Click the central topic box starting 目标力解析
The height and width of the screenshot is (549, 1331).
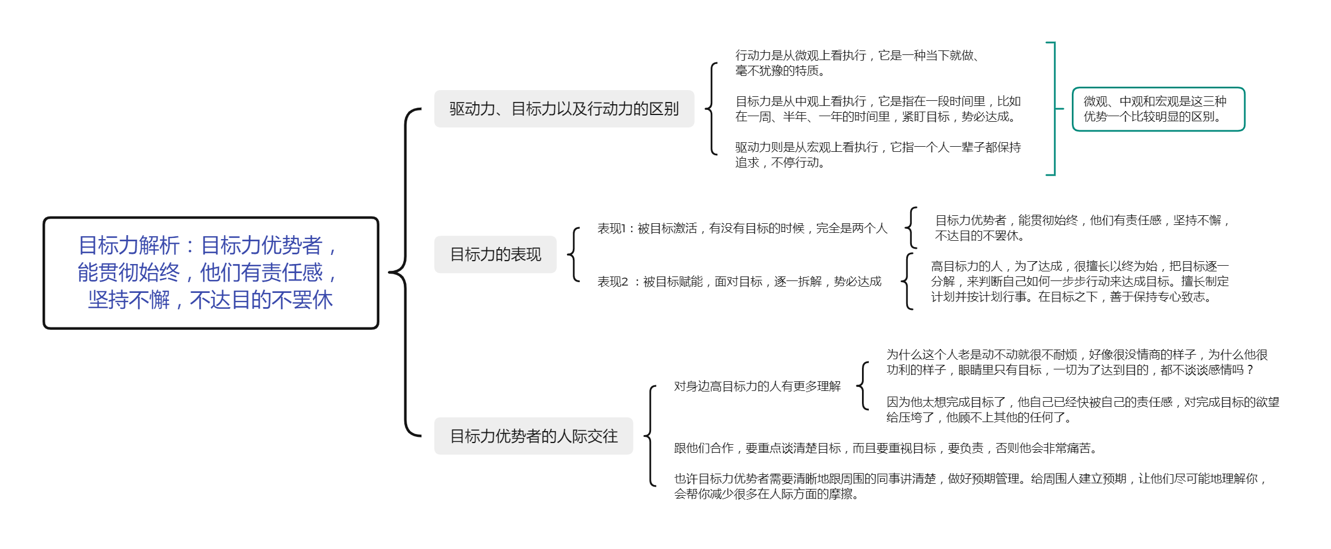[210, 273]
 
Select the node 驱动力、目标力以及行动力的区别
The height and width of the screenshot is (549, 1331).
[564, 109]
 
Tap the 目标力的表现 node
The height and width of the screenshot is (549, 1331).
[495, 254]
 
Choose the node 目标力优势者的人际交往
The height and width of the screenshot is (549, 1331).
[533, 436]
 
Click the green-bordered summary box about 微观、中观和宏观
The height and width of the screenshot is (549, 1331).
[1158, 109]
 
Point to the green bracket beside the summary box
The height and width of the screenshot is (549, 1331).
[1054, 109]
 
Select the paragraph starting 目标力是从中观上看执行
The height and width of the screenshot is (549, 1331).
[878, 109]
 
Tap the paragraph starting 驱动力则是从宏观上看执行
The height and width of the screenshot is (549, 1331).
[878, 155]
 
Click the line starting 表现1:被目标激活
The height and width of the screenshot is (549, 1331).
[742, 228]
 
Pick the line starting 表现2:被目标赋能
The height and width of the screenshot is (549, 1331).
[739, 282]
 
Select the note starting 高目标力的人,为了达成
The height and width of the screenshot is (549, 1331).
[1080, 282]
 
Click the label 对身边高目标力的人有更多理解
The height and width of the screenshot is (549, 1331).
[757, 386]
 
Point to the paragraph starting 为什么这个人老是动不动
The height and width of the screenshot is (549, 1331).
[1077, 362]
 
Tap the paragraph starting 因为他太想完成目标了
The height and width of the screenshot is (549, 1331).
[1083, 410]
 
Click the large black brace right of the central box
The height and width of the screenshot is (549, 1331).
[405, 273]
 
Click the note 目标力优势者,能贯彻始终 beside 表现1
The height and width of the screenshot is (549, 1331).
[1082, 228]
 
